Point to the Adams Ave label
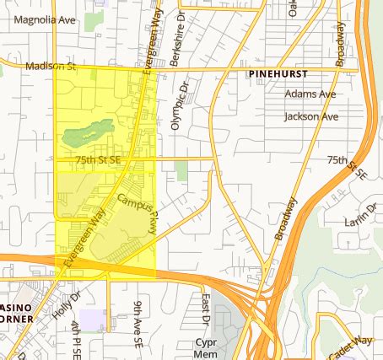[310, 94]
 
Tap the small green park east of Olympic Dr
[182, 169]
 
